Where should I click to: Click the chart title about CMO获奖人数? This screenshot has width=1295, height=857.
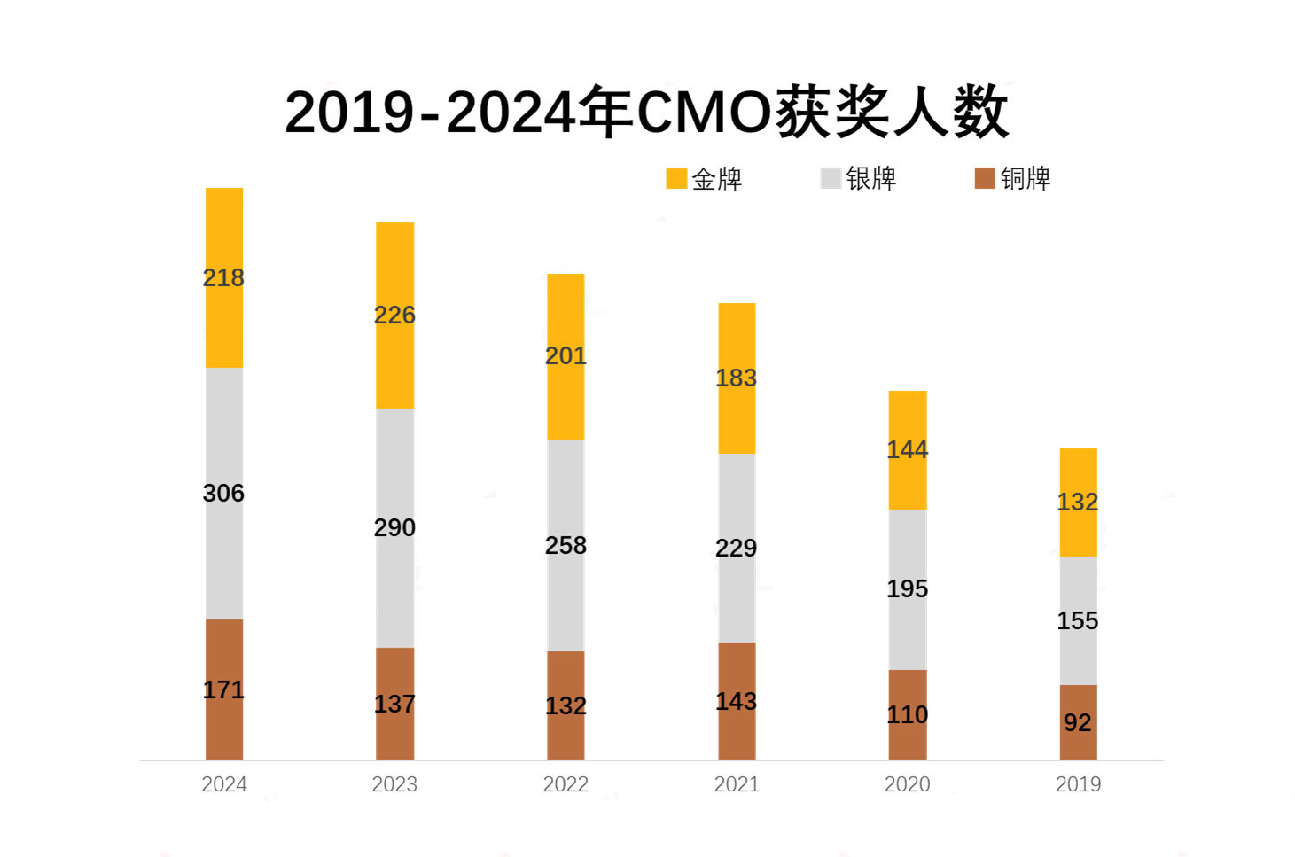coord(646,113)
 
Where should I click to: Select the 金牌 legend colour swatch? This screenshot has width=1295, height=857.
coord(676,178)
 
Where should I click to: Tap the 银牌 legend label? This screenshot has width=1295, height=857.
coord(871,178)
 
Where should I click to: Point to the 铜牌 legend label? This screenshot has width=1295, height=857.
coord(1026,178)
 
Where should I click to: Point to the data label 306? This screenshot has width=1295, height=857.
coord(223,493)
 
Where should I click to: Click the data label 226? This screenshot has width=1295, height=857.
coord(394,315)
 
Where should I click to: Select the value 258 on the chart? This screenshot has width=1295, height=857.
coord(566,545)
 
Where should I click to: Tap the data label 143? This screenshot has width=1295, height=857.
coord(737,701)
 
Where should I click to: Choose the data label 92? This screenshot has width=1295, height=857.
coord(1078,722)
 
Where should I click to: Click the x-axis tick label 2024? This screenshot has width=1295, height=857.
coord(224,784)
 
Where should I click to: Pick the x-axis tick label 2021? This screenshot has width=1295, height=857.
coord(737,784)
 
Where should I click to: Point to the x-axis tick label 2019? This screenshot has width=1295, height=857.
coord(1078,784)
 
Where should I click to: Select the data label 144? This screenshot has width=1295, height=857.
coord(908,449)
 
